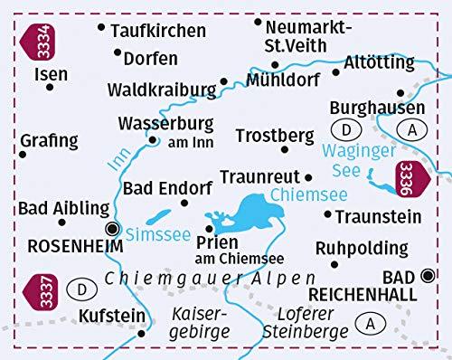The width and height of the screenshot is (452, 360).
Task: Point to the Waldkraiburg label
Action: (160, 90)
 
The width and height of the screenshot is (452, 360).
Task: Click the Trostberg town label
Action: (268, 136)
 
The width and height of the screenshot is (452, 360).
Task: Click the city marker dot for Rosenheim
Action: (113, 228)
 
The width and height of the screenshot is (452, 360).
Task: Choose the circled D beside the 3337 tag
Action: (82, 290)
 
